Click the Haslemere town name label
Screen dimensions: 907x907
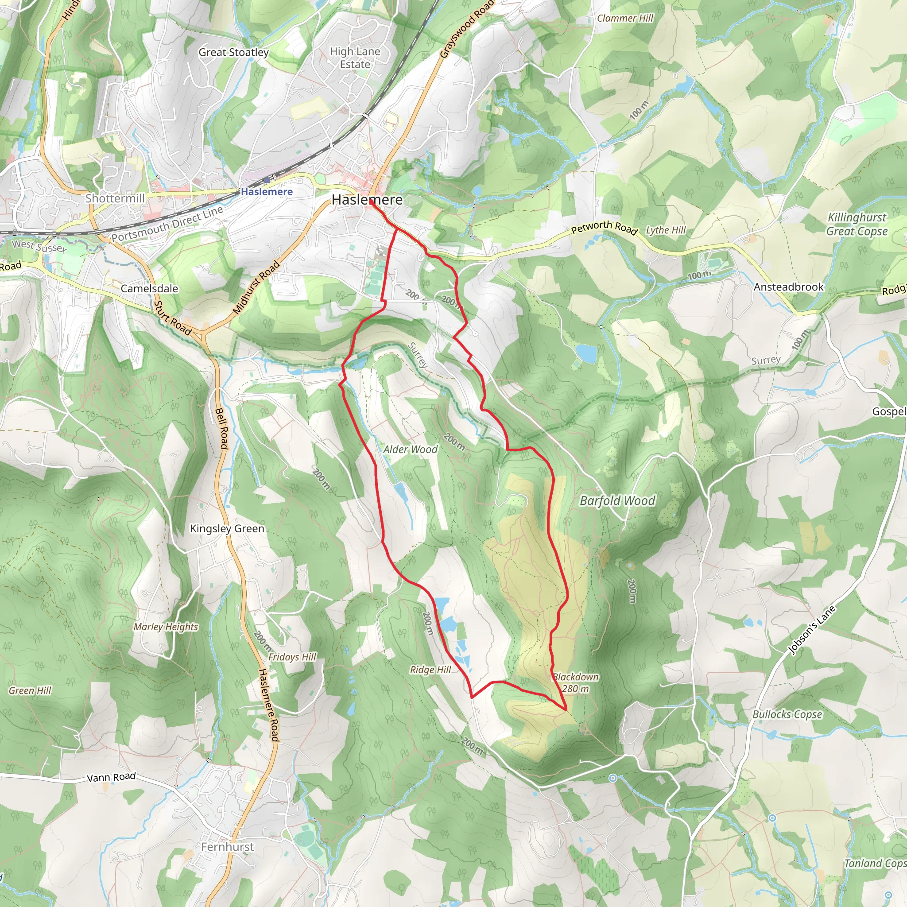point(367,200)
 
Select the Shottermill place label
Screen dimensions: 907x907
point(115,198)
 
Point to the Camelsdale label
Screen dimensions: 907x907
point(149,288)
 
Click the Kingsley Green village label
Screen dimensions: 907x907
point(227,529)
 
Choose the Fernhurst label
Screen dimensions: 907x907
point(227,847)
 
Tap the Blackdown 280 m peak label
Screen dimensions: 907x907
point(576,683)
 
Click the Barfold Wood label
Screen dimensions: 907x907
point(617,500)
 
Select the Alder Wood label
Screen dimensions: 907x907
point(410,449)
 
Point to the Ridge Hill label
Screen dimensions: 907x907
point(430,670)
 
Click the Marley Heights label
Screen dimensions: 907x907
point(166,627)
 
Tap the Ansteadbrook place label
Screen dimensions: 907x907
point(789,287)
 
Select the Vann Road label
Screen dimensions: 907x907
point(111,777)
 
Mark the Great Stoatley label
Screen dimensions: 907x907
point(233,52)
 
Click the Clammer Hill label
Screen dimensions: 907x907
point(625,18)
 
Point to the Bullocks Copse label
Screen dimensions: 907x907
point(787,714)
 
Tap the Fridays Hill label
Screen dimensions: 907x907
point(292,657)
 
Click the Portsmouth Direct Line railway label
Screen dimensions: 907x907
point(167,225)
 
